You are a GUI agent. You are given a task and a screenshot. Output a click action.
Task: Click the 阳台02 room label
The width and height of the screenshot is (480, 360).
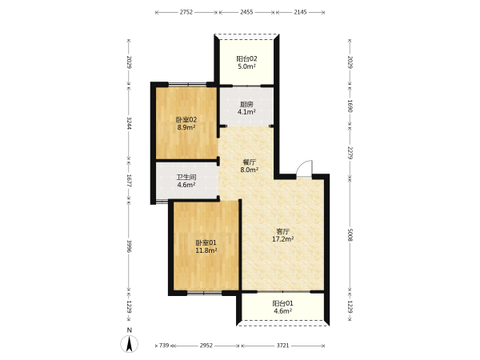246,58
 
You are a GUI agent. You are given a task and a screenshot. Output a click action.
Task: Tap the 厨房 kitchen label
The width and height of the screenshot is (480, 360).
246,104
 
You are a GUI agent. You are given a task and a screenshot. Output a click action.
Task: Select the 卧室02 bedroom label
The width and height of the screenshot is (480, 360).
186,120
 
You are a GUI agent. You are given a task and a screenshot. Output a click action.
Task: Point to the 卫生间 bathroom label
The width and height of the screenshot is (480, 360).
186,178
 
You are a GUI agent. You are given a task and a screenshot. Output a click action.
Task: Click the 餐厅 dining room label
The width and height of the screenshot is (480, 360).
249,162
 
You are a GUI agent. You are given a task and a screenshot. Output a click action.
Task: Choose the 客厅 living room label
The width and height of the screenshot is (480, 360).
283,231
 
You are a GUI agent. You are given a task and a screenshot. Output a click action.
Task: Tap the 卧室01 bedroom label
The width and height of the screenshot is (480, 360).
206,242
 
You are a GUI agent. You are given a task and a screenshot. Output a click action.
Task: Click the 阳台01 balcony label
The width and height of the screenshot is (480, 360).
283,303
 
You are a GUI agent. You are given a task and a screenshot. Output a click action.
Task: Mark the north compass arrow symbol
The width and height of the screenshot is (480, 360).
130,344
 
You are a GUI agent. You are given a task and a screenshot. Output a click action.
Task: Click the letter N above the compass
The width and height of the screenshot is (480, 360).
130,330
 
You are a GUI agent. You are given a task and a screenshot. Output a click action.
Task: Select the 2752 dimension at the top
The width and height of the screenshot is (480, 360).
186,12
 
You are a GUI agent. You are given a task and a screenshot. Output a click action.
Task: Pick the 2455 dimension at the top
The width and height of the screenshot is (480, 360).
246,12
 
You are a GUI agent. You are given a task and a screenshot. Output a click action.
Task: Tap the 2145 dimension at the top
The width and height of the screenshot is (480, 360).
300,12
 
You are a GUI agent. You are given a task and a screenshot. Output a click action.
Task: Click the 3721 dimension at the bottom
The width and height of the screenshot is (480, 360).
282,346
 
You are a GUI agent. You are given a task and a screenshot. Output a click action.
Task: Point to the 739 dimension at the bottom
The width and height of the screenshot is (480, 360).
164,346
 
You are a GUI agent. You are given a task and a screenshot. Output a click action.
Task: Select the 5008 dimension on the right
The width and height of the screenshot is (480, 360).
350,234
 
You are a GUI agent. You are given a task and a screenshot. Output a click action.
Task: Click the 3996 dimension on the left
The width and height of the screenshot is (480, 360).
129,246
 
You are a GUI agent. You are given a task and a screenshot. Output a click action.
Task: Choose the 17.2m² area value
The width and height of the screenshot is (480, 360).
283,239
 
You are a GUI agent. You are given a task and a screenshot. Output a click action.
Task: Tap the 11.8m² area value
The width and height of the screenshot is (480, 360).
206,250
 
